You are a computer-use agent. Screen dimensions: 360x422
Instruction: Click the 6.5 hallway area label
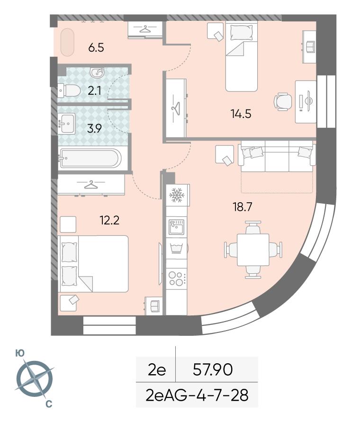(x=96, y=48)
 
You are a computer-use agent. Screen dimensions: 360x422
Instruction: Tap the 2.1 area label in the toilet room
(x=95, y=90)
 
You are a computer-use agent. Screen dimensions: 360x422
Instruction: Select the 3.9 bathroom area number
(x=94, y=128)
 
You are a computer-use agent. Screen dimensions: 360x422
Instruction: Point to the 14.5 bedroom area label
(x=241, y=114)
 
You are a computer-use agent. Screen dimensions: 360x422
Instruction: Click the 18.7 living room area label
(x=243, y=207)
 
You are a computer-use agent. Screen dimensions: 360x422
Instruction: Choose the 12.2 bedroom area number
(x=109, y=220)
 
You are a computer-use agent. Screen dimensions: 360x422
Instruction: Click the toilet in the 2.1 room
(x=69, y=90)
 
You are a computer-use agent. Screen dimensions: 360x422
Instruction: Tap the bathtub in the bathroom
(x=90, y=159)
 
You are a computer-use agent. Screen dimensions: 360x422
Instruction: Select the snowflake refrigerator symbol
(x=176, y=195)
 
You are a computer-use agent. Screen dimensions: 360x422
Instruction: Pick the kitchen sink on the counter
(x=176, y=226)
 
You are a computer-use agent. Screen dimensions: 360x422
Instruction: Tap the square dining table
(x=253, y=250)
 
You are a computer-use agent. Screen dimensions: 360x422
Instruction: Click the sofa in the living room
(x=277, y=156)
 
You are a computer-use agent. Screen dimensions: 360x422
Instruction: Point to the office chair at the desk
(x=283, y=102)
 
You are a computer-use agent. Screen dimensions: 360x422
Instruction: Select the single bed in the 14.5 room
(x=242, y=56)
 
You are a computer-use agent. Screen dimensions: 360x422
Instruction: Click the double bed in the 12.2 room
(x=93, y=264)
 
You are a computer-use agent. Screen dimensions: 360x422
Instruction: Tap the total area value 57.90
(x=213, y=369)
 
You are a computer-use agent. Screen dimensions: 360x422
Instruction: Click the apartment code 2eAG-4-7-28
(x=197, y=395)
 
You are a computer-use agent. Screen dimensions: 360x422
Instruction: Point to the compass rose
(x=35, y=379)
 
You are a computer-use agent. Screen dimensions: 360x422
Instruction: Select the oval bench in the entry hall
(x=67, y=42)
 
